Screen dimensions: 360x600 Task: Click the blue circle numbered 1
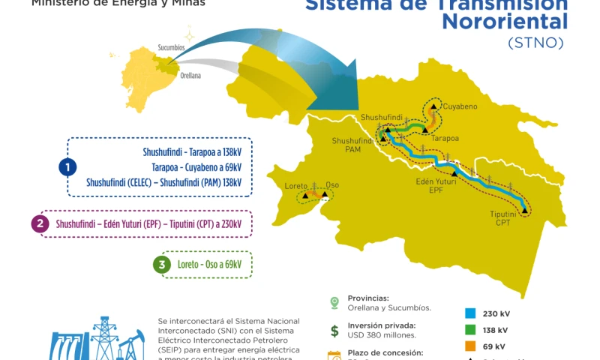pos(68,166)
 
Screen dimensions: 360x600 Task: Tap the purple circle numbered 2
pos(40,223)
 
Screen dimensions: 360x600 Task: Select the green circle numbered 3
pos(161,264)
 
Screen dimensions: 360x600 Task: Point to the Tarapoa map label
pos(445,138)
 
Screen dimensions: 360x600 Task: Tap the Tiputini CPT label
pos(503,218)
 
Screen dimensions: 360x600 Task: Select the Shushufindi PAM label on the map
pos(352,145)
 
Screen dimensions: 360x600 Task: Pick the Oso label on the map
pos(332,184)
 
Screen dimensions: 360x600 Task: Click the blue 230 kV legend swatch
pos(470,313)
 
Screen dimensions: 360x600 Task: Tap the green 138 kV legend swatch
pos(470,330)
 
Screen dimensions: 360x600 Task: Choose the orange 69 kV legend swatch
pos(470,346)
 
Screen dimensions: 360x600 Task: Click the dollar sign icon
pos(334,331)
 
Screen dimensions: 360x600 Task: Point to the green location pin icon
pos(334,302)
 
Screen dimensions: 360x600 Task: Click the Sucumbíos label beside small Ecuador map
pos(171,48)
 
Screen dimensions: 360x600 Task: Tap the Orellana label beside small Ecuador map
pos(190,76)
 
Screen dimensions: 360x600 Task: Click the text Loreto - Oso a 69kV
pos(209,264)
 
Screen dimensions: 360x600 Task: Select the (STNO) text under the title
pos(535,43)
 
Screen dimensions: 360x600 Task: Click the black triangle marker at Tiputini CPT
pos(525,211)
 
